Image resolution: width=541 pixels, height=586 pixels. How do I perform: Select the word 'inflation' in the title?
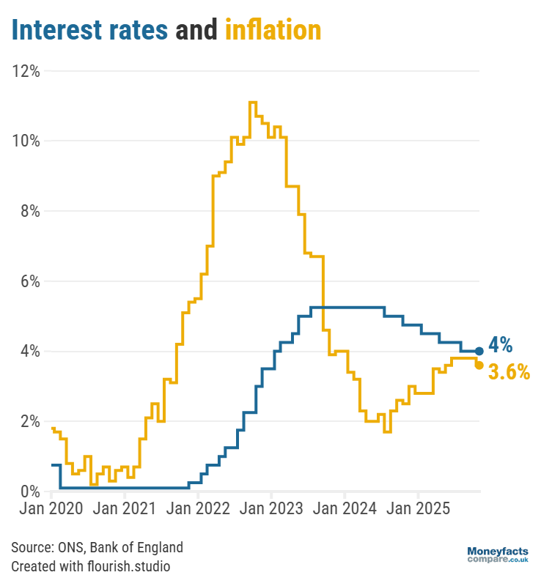(x=273, y=30)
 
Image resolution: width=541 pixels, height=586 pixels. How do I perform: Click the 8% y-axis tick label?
(x=29, y=211)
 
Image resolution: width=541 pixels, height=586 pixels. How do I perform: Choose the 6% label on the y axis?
(x=29, y=281)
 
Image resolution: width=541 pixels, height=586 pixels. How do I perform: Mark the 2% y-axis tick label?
(x=29, y=421)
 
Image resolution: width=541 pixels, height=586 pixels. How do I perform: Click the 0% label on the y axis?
(x=29, y=492)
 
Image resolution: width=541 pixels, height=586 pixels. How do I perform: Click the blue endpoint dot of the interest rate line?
(x=479, y=351)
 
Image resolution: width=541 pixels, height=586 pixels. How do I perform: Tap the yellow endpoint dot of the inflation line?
(x=479, y=365)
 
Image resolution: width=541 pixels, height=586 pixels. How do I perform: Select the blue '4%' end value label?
(x=501, y=345)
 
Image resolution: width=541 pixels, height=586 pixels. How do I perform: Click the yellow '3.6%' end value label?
(x=509, y=372)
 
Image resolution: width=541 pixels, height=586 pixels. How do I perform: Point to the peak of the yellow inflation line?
(x=252, y=103)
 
